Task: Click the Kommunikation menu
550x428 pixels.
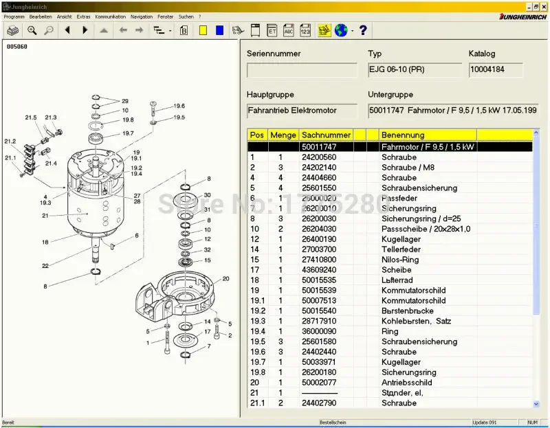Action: (110, 16)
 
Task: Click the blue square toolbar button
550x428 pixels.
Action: (219, 30)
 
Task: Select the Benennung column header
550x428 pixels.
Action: (403, 135)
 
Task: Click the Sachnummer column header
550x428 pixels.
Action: (326, 135)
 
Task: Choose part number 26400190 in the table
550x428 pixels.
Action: (319, 239)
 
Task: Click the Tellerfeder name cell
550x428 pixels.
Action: (401, 249)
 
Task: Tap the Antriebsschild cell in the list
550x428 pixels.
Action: (406, 383)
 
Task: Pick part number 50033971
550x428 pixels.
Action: (319, 362)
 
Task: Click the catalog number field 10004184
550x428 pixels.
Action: (495, 69)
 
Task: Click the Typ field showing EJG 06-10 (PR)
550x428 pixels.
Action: (415, 69)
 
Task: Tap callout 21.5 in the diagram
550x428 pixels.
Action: (31, 118)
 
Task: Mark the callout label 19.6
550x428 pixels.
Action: (179, 106)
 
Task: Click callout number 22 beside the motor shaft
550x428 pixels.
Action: (45, 266)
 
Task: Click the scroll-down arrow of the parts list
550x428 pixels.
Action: (536, 404)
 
